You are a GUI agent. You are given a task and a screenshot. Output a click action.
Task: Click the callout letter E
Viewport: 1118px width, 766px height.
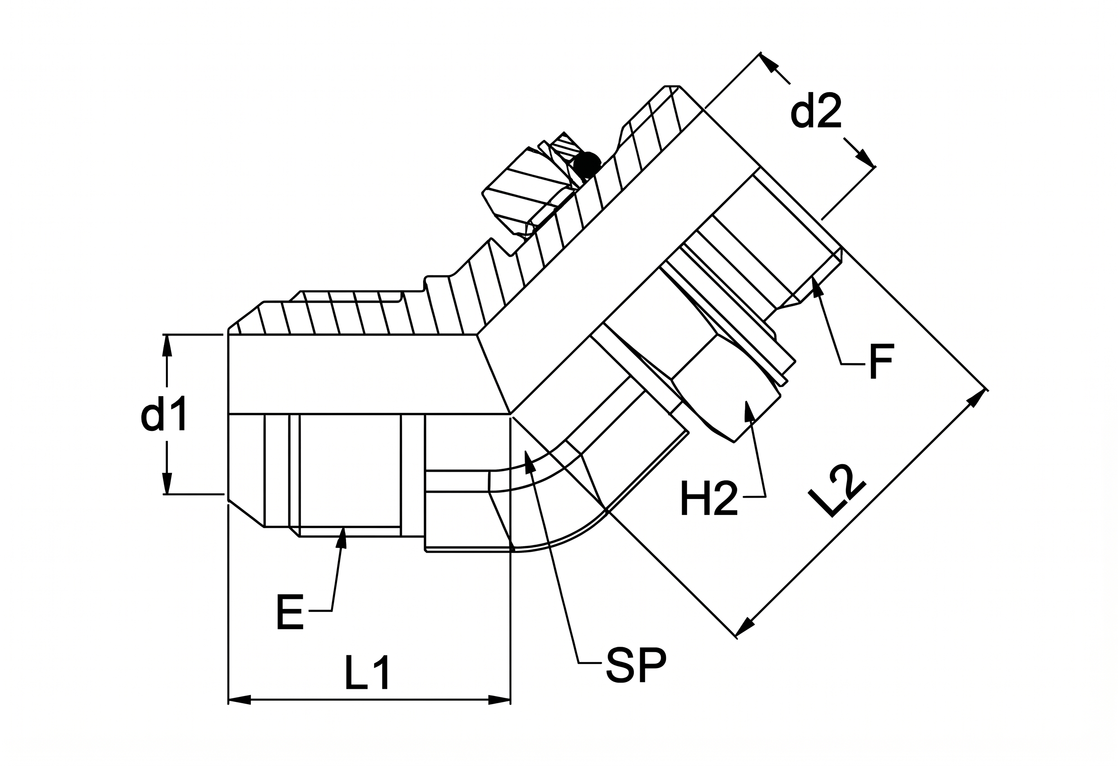tap(290, 612)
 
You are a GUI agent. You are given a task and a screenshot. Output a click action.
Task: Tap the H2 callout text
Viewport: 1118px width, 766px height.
tap(709, 499)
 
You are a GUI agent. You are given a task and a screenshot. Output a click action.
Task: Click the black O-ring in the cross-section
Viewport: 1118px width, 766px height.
tap(586, 165)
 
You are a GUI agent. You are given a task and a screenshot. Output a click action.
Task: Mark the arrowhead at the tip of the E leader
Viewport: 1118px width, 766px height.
tap(342, 537)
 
